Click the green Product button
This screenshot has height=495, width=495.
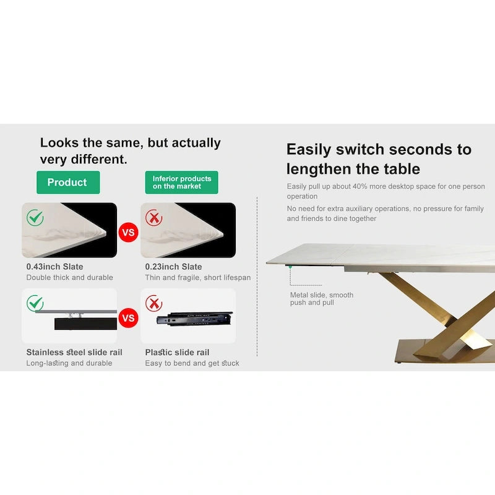click(x=67, y=183)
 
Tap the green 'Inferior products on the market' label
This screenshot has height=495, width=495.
click(x=182, y=183)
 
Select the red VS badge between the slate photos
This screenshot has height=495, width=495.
click(x=128, y=233)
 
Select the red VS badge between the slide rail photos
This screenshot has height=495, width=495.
click(x=128, y=319)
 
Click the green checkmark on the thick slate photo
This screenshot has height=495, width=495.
click(x=35, y=217)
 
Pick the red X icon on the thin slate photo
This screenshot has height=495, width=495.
click(x=153, y=217)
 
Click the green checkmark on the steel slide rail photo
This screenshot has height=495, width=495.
click(x=35, y=303)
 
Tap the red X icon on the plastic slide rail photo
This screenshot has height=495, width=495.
click(x=153, y=303)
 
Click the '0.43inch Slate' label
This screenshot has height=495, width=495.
click(x=54, y=267)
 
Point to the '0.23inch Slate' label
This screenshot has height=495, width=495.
click(x=173, y=267)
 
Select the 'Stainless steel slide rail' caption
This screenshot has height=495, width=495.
click(x=74, y=352)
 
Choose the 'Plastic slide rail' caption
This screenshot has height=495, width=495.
click(x=177, y=352)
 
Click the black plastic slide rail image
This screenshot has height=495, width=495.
click(x=194, y=319)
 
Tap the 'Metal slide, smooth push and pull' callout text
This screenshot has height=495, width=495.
click(x=321, y=299)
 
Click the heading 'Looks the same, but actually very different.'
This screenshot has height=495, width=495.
click(x=130, y=150)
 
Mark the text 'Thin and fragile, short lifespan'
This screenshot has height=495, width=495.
click(x=198, y=278)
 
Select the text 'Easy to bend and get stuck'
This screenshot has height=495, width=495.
click(x=192, y=363)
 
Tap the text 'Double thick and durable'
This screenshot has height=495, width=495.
click(x=69, y=278)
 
